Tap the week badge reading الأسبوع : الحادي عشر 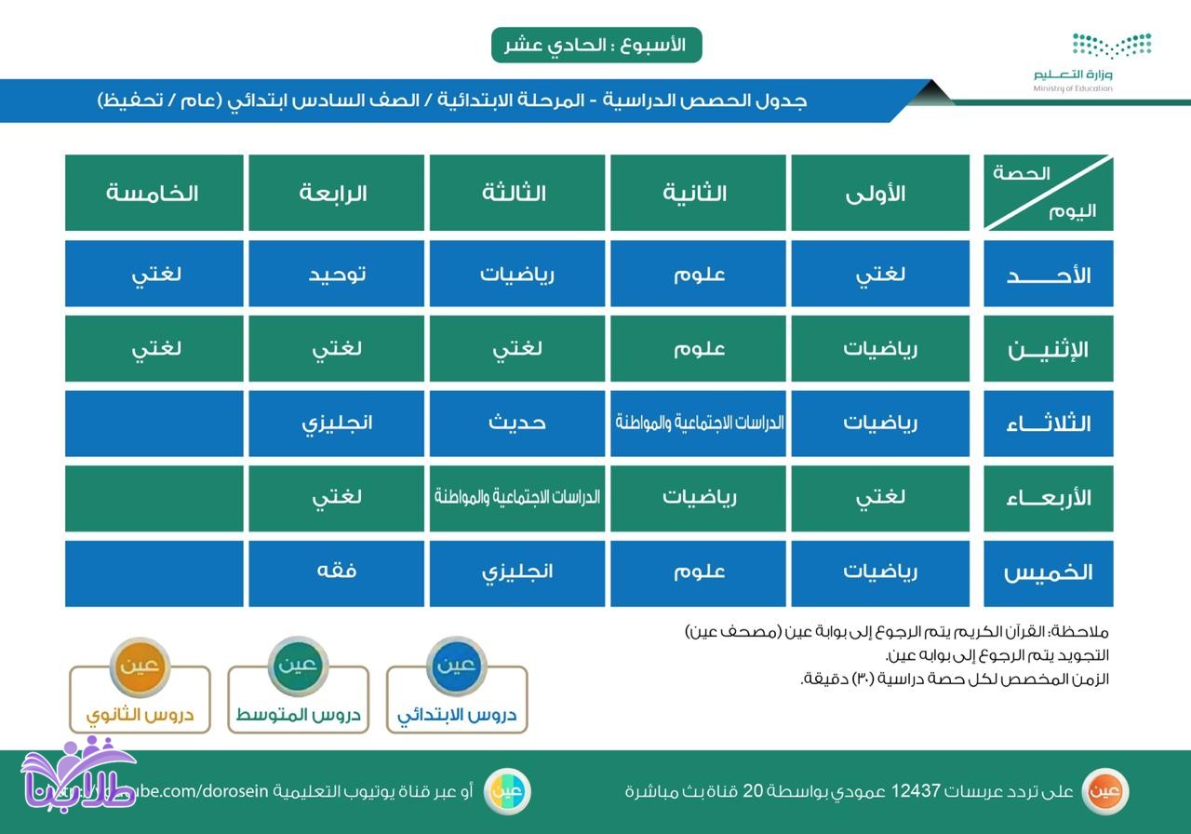pyautogui.click(x=596, y=45)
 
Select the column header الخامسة pyautogui.click(x=154, y=193)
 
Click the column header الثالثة pyautogui.click(x=516, y=193)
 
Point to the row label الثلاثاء pyautogui.click(x=1048, y=424)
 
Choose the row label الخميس pyautogui.click(x=1048, y=572)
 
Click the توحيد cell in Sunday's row pyautogui.click(x=336, y=274)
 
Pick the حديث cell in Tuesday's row pyautogui.click(x=516, y=423)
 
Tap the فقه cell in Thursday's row pyautogui.click(x=336, y=571)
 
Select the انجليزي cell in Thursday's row pyautogui.click(x=516, y=571)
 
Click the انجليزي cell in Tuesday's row pyautogui.click(x=336, y=423)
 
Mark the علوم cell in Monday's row pyautogui.click(x=698, y=348)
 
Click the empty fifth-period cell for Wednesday pyautogui.click(x=154, y=498)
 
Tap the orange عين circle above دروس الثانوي pyautogui.click(x=140, y=665)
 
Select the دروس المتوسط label pyautogui.click(x=298, y=715)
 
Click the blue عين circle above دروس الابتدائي pyautogui.click(x=457, y=665)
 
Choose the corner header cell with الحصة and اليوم pyautogui.click(x=1048, y=193)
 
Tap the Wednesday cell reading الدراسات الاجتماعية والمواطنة pyautogui.click(x=516, y=497)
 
